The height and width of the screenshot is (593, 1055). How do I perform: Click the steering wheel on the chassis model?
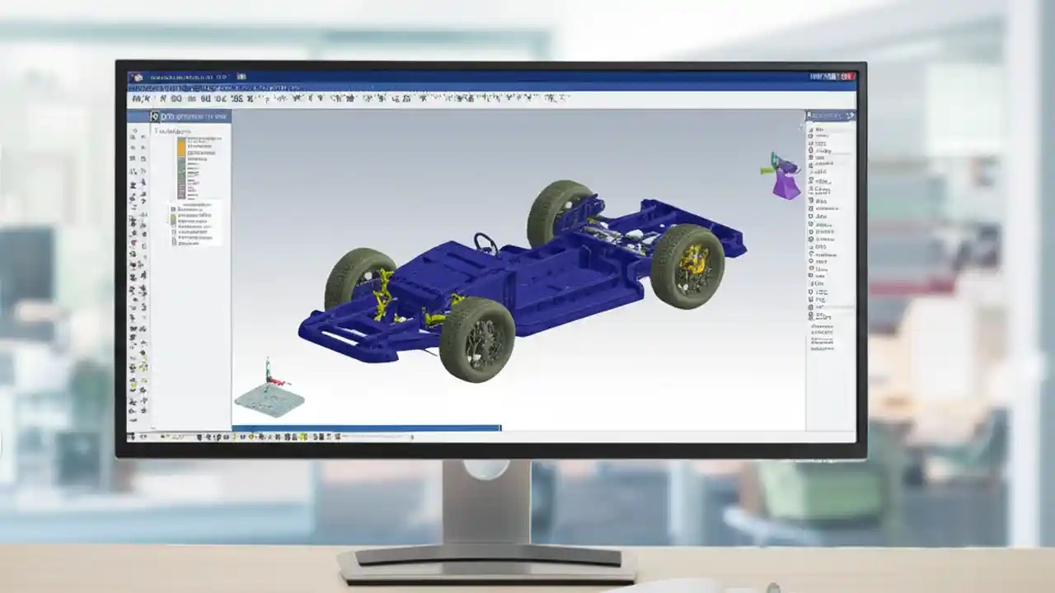click(485, 242)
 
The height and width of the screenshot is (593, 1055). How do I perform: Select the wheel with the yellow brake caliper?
click(687, 265)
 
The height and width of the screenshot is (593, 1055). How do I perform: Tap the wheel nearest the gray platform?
click(476, 339)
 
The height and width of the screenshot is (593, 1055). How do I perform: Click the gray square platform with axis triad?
click(269, 399)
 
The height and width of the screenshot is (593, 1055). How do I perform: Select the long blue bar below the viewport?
click(366, 428)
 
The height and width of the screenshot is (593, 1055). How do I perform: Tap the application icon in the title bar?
click(136, 77)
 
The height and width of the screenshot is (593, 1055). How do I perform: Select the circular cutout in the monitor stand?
click(485, 469)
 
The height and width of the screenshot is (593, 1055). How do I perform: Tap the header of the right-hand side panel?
click(830, 116)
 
